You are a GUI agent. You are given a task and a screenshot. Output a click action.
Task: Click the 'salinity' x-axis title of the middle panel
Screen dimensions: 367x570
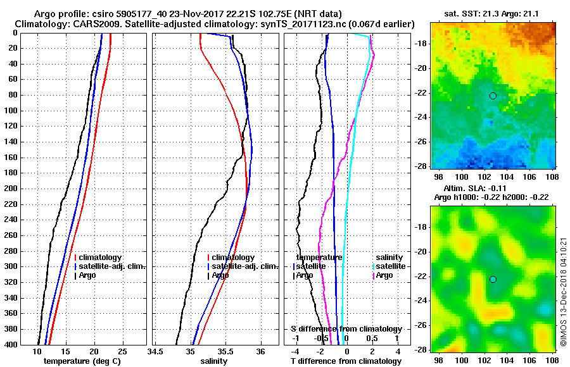[214, 361]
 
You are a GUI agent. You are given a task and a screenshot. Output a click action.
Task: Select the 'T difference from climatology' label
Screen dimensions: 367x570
[346, 361]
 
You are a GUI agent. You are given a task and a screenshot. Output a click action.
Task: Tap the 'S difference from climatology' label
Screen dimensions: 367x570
[346, 329]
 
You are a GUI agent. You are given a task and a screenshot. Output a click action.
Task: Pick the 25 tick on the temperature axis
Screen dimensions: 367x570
[123, 352]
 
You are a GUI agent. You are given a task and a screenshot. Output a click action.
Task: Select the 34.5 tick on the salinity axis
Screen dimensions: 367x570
[156, 352]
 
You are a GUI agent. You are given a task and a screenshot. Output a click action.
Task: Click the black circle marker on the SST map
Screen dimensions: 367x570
[493, 96]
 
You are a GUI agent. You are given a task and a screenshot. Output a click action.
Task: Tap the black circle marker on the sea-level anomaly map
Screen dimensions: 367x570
[493, 279]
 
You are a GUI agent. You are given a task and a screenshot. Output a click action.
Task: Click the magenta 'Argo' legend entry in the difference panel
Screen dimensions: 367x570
[384, 275]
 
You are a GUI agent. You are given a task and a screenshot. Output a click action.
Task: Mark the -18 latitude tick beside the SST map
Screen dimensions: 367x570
[420, 43]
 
